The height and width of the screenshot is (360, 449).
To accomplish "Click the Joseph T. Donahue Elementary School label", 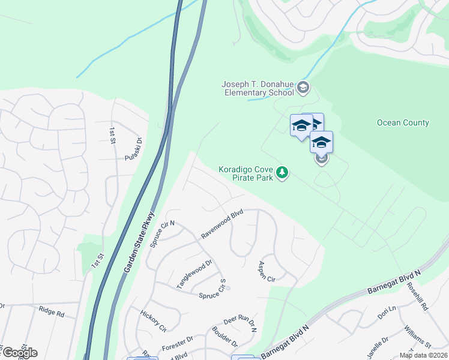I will click(x=258, y=89).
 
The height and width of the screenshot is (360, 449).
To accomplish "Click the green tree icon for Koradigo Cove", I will click(x=282, y=173).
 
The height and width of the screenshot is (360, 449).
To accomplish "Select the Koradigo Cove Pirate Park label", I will click(x=246, y=173).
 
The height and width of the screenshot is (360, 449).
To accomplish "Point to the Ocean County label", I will click(x=403, y=123).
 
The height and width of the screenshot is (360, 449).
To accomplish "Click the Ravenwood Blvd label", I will click(x=221, y=224).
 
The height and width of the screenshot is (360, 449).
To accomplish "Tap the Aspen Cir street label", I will click(x=266, y=272).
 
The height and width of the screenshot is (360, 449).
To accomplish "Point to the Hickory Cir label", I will click(x=153, y=321).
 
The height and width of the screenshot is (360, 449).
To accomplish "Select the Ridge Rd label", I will click(x=51, y=312).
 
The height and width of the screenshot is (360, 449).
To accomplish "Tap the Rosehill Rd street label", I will click(x=419, y=297).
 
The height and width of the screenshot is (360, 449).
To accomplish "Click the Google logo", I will click(x=19, y=353).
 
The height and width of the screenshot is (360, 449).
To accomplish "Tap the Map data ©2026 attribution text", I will click(x=423, y=355).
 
